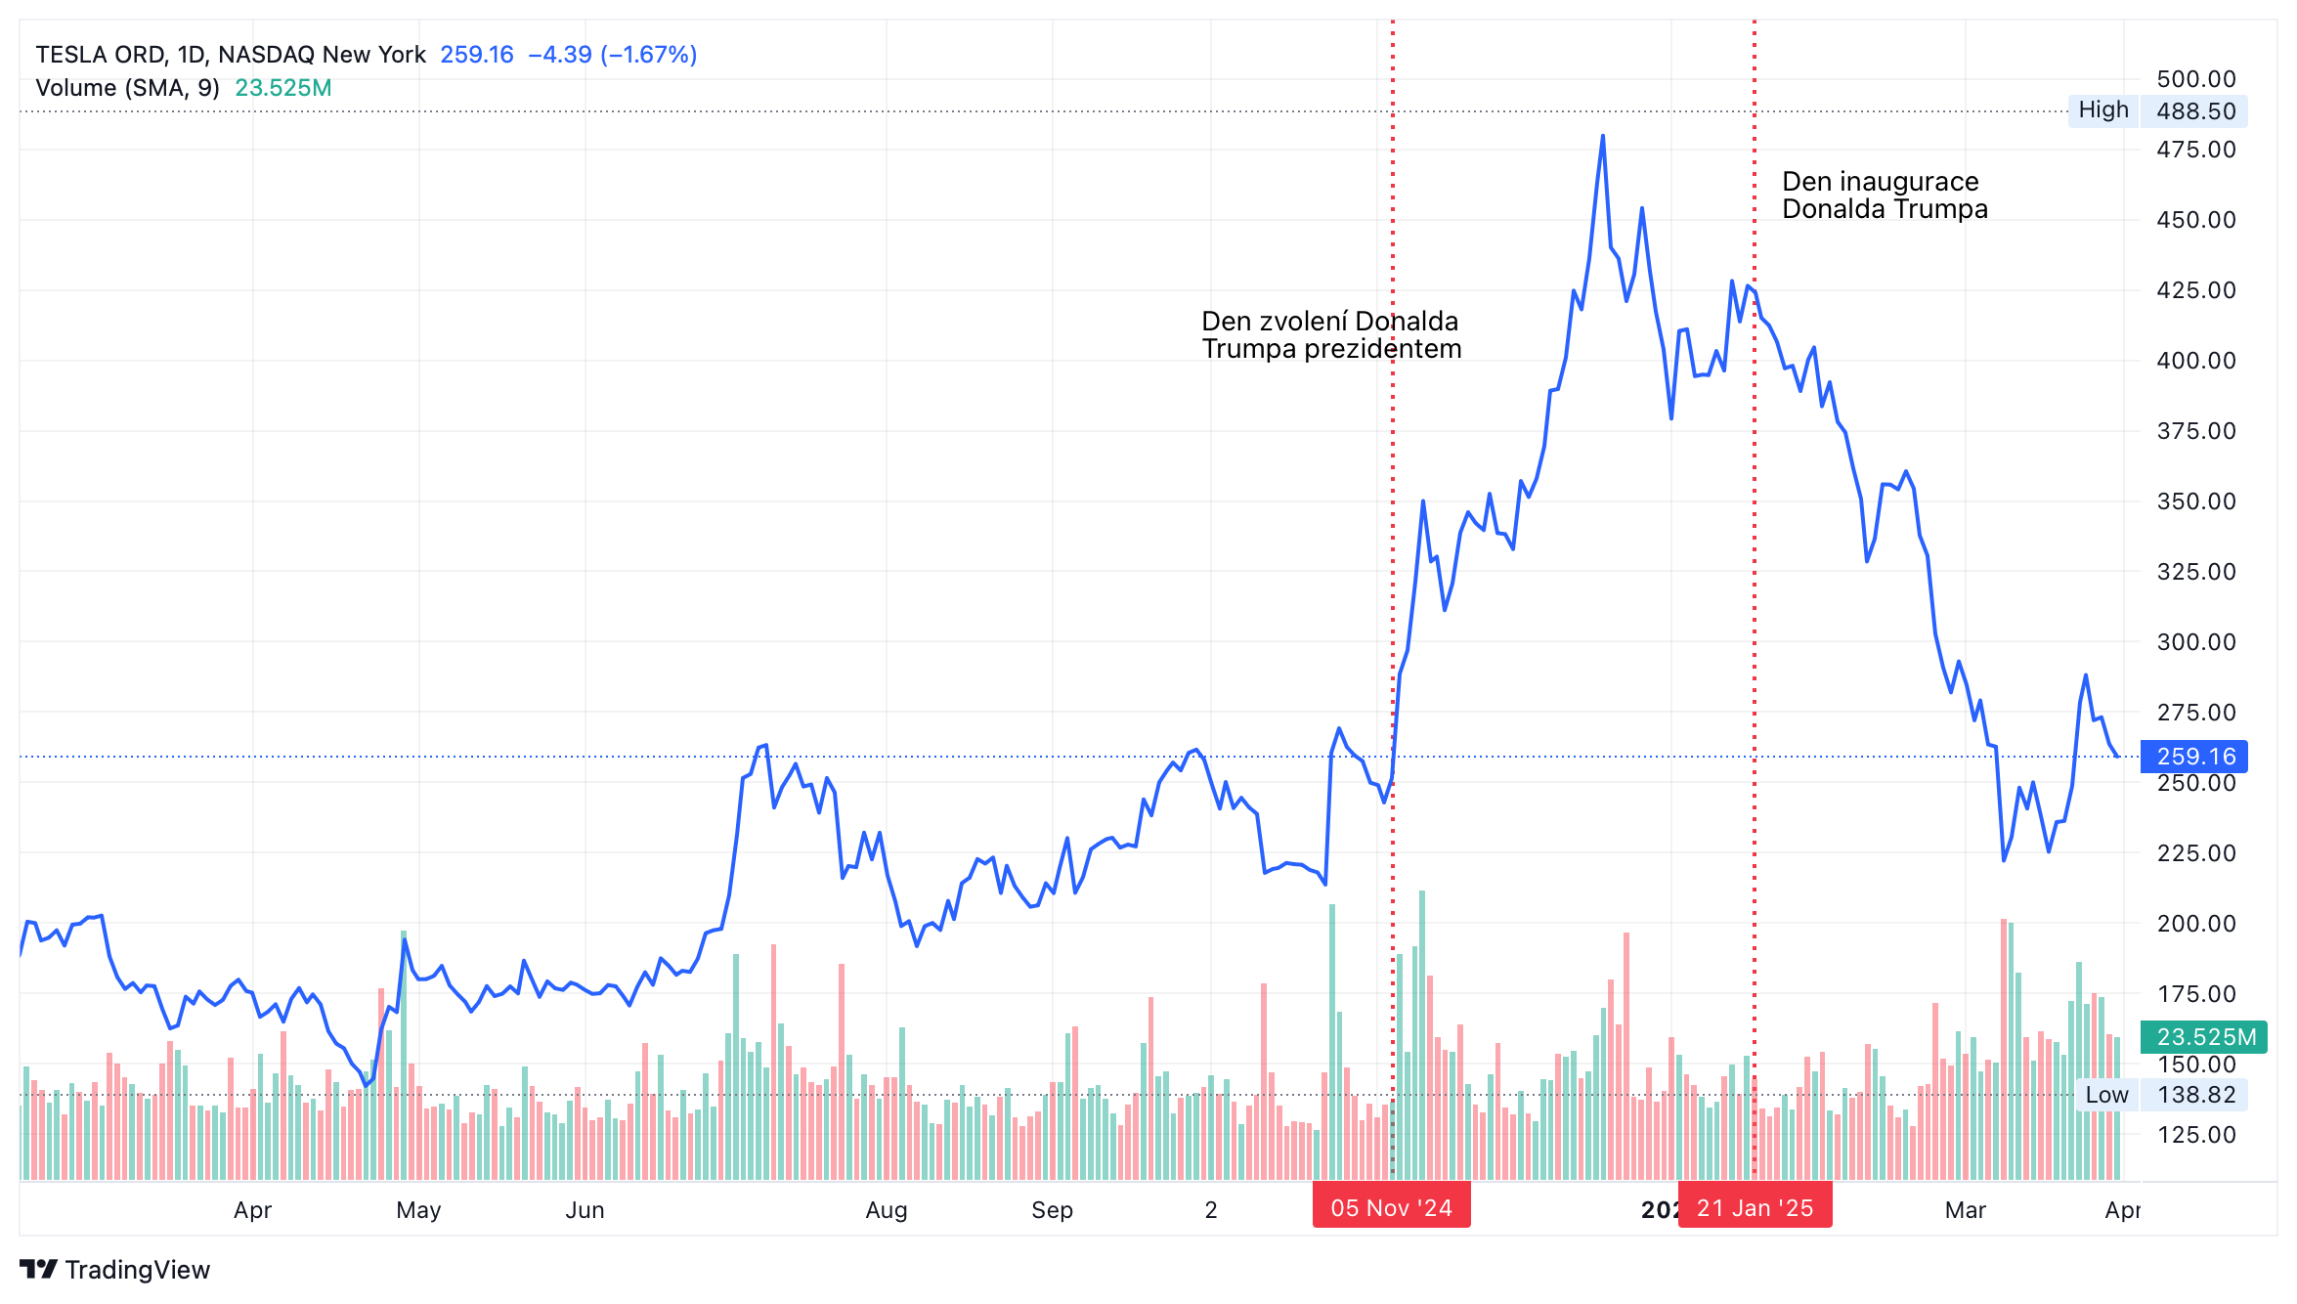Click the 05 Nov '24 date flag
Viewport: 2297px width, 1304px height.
point(1391,1208)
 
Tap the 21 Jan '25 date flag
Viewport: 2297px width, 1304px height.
point(1755,1208)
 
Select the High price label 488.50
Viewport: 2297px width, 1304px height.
point(2195,110)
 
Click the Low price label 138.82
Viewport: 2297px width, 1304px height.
point(2195,1095)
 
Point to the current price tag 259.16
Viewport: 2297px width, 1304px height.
point(2194,757)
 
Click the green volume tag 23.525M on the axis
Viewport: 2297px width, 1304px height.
point(2204,1037)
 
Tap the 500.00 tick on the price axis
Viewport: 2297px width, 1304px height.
point(2196,79)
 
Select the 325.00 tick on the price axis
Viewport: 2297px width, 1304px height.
point(2196,572)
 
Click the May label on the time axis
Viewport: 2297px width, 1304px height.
point(418,1210)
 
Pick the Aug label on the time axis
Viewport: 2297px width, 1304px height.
point(887,1210)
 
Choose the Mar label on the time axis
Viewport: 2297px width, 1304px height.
point(1966,1210)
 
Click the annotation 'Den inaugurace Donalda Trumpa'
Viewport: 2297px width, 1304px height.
point(1885,196)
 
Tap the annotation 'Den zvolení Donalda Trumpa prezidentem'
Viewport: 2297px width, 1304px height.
point(1331,335)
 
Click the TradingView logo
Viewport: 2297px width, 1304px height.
point(114,1270)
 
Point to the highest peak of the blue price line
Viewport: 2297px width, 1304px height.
point(1603,136)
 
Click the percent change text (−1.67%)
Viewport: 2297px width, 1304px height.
point(649,55)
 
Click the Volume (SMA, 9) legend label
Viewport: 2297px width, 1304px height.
point(127,88)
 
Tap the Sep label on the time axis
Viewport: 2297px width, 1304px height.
point(1052,1210)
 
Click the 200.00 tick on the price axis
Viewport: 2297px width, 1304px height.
point(2196,924)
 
